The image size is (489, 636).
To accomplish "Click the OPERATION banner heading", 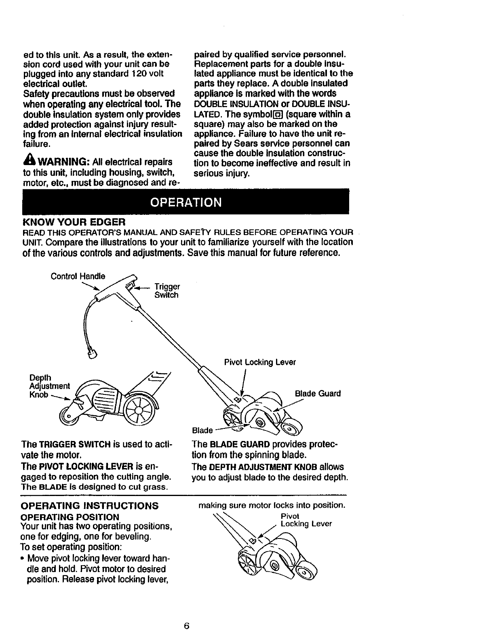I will point(185,202).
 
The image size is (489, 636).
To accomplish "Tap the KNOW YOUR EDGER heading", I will point(74,222).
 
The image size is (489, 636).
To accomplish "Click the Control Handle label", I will point(78,276).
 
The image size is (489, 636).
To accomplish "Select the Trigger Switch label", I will point(167,291).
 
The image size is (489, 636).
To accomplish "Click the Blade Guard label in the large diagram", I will point(318,394).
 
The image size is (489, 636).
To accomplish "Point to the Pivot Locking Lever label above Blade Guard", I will point(260,362).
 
